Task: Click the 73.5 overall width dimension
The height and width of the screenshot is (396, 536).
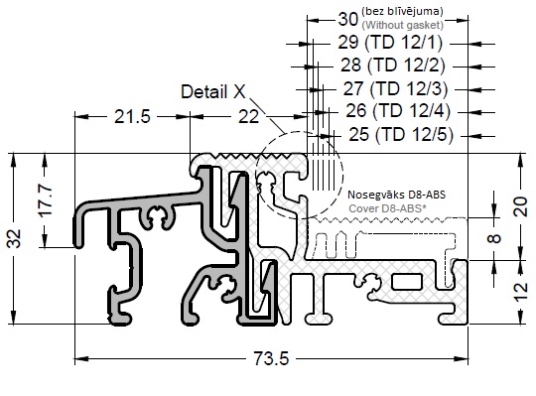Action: pos(271,358)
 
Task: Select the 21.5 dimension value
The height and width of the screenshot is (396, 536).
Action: pos(132,117)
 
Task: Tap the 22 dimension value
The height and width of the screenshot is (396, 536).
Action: pos(248,117)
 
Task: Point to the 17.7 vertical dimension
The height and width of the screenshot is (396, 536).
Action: pos(46,200)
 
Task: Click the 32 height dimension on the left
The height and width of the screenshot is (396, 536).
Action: pos(15,238)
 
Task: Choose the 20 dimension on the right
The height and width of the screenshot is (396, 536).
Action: pos(521,206)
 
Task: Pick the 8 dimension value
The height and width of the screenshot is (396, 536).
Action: pos(494,238)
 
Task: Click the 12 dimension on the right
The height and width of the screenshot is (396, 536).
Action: pos(521,292)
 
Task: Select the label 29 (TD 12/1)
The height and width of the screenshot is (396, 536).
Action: pos(390,43)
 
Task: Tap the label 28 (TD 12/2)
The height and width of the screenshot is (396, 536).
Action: pos(393,65)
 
